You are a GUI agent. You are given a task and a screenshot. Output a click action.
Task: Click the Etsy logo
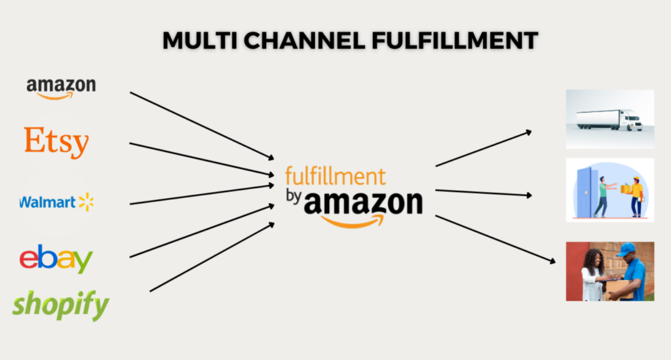[x=56, y=142]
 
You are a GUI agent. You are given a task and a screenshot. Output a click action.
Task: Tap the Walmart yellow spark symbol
[x=86, y=202]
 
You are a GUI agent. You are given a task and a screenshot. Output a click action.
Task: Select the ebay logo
[x=56, y=259]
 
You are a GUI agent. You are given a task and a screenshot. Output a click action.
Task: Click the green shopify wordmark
[x=60, y=305]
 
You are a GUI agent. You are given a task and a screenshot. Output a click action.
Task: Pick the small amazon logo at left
[x=61, y=87]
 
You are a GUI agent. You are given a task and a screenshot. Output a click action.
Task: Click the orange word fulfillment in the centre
[x=335, y=176]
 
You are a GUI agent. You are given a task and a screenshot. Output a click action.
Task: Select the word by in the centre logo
[x=294, y=197]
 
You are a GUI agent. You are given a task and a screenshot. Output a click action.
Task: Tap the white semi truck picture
[x=609, y=119]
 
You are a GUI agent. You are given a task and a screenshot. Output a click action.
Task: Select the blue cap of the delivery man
[x=626, y=249]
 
